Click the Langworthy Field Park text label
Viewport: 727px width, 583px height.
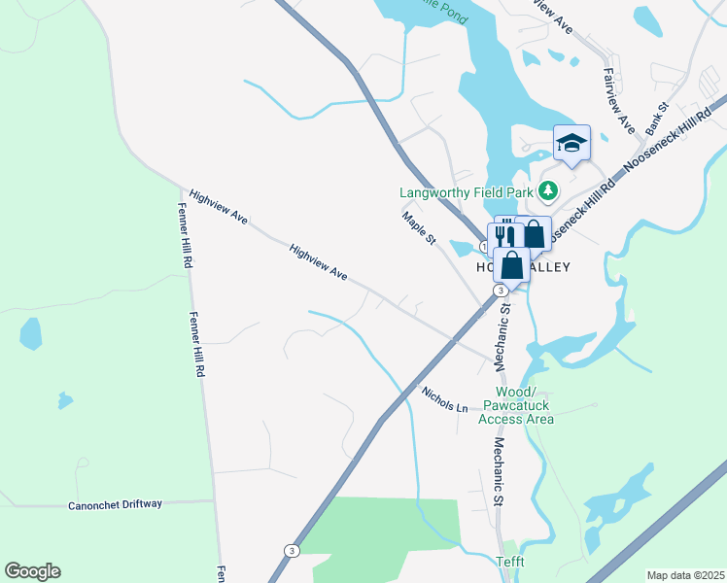coord(471,190)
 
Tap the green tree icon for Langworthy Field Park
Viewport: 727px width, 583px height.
coord(550,190)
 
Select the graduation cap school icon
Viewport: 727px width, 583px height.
coord(571,145)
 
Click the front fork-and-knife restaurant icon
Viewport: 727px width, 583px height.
coord(504,236)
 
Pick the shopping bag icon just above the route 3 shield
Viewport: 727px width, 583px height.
coord(512,265)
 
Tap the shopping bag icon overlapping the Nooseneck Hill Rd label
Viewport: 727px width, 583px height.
coord(534,234)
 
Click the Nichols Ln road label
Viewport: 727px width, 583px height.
coord(445,398)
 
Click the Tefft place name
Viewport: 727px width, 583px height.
coord(511,561)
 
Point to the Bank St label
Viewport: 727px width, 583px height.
coord(657,120)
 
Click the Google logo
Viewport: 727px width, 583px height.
coord(32,571)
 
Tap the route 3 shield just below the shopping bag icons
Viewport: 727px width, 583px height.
coord(500,291)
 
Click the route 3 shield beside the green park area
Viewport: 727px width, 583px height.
coord(292,550)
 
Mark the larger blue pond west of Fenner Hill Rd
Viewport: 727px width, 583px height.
coord(31,333)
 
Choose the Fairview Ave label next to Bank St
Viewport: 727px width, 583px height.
coord(618,101)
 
